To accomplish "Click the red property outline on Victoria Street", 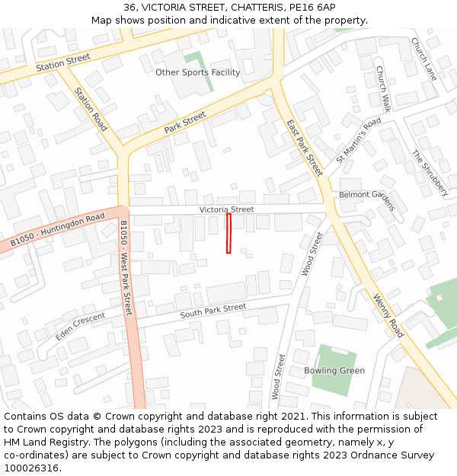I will coord(228,233).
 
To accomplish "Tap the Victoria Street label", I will coord(226,209).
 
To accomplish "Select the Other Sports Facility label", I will coord(197,72).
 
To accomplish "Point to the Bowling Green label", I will coord(334,371).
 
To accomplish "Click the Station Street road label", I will coord(62,62).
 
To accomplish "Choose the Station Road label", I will coord(90,109).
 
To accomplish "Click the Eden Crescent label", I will coord(80,326).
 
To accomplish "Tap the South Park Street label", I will coord(213,311).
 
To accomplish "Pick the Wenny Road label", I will coord(388,316).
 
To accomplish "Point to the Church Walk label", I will coord(382,89).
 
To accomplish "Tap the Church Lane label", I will coord(423,59).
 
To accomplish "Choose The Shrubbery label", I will coord(430,173).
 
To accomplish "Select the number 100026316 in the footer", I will coord(31,468).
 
